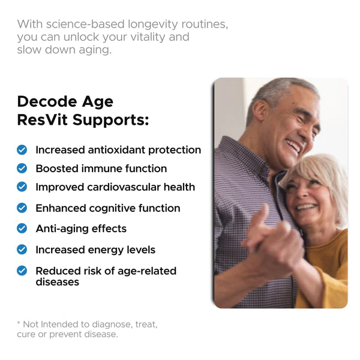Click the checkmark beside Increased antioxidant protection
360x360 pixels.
click(x=22, y=149)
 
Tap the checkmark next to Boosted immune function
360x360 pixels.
click(x=22, y=168)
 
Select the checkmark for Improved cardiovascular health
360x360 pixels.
click(x=22, y=187)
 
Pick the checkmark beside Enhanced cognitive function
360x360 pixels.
click(x=22, y=208)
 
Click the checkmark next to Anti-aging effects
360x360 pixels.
click(x=22, y=228)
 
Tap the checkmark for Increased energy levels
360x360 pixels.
click(x=22, y=249)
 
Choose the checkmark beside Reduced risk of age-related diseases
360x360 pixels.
click(x=22, y=271)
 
